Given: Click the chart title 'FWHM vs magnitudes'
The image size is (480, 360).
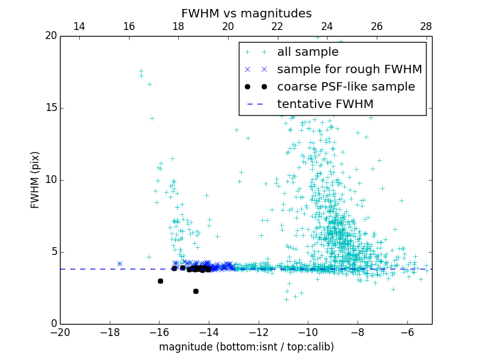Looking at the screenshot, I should (246, 13).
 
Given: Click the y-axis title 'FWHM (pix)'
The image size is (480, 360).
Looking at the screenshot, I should (35, 180).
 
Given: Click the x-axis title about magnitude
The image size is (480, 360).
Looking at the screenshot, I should (246, 347).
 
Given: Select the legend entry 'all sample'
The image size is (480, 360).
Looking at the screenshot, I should (308, 52).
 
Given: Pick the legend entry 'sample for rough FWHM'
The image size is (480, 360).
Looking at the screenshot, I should (349, 70).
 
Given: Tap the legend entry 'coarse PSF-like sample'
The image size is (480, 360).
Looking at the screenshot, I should (346, 87).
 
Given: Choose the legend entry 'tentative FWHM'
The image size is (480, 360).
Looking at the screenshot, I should (325, 104).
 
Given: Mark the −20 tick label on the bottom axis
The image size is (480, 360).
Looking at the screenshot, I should (60, 332).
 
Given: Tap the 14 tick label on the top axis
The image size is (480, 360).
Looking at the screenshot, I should (79, 26).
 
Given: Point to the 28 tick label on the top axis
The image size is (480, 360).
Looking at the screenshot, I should (426, 26).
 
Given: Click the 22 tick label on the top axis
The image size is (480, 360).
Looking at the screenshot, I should (277, 26).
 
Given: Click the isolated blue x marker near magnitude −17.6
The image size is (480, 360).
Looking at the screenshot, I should (119, 263).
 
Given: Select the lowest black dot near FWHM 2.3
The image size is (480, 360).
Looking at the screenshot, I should (196, 291).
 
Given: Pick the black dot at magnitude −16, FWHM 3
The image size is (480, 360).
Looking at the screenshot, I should (160, 281).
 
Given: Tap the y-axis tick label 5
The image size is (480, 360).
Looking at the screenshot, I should (53, 252).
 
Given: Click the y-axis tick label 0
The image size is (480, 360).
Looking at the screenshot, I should (53, 324).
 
